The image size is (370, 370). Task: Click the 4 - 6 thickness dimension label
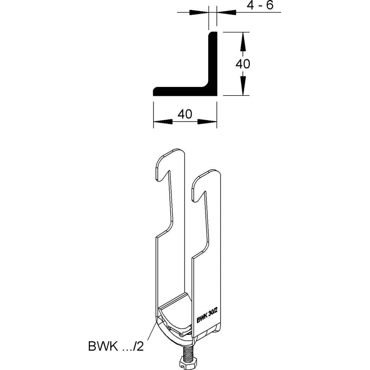point(260,5)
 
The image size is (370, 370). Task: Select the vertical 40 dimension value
point(243,64)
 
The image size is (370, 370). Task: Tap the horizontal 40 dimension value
point(185,114)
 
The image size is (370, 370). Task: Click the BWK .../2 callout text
point(116,346)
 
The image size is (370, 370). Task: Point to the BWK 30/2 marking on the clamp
point(207,316)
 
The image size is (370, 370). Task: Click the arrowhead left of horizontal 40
point(163,122)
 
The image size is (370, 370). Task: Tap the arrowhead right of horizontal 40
point(207,122)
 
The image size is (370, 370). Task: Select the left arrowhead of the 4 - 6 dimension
point(199,12)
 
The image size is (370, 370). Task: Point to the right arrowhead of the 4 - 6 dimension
point(226,12)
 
